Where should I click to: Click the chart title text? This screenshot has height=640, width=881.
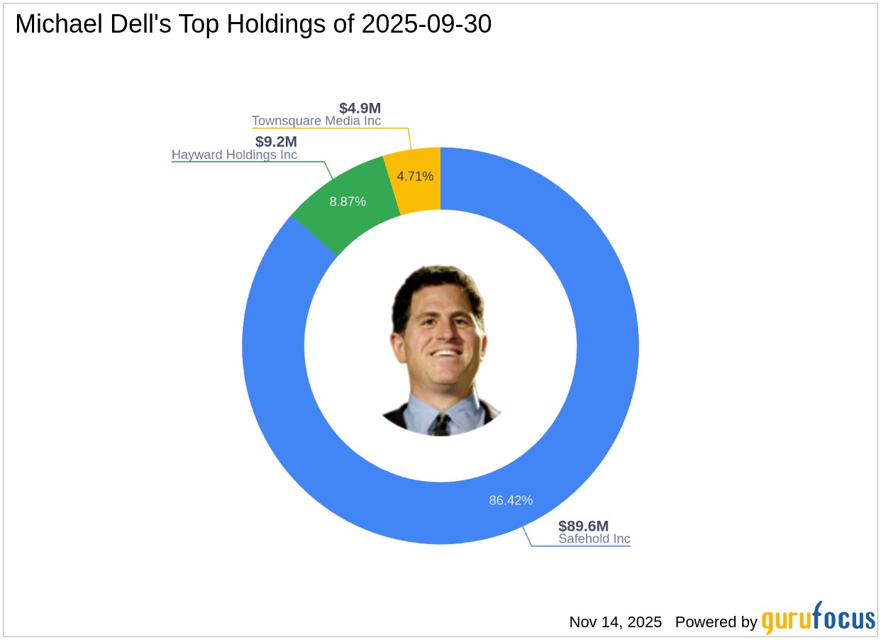pyautogui.click(x=253, y=24)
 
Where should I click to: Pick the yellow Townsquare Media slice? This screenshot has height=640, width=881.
pyautogui.click(x=415, y=177)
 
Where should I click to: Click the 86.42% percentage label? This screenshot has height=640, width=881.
pyautogui.click(x=511, y=500)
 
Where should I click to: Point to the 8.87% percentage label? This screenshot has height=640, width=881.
pyautogui.click(x=348, y=202)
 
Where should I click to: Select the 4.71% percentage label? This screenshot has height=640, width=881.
pyautogui.click(x=415, y=176)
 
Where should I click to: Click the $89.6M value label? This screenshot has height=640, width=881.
pyautogui.click(x=583, y=526)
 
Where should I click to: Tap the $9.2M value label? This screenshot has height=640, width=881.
pyautogui.click(x=276, y=142)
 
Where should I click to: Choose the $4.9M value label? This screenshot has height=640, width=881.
pyautogui.click(x=360, y=109)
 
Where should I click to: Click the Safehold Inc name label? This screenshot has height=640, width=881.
pyautogui.click(x=594, y=539)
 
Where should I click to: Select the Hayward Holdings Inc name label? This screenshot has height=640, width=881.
pyautogui.click(x=234, y=155)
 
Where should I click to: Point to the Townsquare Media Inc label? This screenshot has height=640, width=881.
pyautogui.click(x=316, y=121)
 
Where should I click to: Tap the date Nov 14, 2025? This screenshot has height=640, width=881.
pyautogui.click(x=615, y=622)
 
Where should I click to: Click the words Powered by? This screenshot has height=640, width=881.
pyautogui.click(x=716, y=622)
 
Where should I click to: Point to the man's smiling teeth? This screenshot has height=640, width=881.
pyautogui.click(x=445, y=352)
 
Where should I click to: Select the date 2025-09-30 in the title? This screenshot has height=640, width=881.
pyautogui.click(x=426, y=24)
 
